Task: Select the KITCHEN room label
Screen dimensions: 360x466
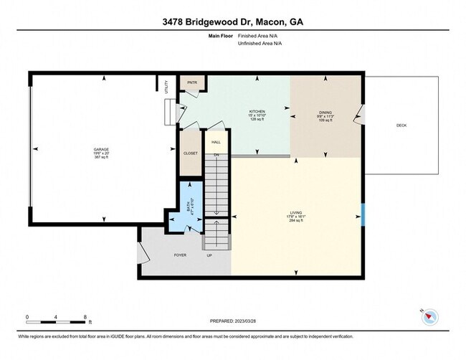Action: coord(257,112)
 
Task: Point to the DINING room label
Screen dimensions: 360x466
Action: coord(326,112)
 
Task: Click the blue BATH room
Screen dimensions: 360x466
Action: coord(190,207)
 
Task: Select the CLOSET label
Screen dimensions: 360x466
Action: coord(191,153)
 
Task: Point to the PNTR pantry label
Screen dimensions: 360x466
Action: coord(192,82)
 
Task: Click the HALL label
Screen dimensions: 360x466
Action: coord(215,143)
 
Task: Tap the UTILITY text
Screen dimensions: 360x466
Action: coord(166,87)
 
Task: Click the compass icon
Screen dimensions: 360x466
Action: coord(430,316)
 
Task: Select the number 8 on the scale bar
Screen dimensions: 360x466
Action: coord(86,316)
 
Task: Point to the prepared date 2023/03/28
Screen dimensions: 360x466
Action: coord(233,321)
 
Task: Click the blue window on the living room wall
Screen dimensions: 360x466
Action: coord(363,214)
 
